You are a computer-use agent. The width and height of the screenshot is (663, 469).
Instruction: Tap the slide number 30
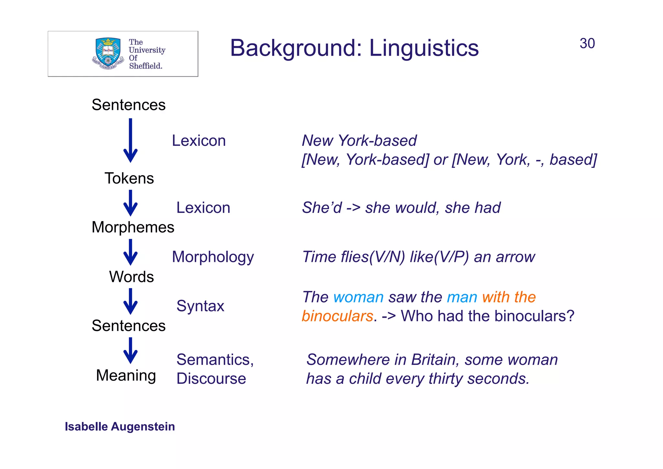click(587, 44)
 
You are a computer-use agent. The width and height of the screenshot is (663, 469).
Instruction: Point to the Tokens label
click(129, 178)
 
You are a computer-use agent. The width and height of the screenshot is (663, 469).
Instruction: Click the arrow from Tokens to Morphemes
click(130, 203)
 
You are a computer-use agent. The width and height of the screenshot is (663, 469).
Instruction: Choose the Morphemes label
click(133, 227)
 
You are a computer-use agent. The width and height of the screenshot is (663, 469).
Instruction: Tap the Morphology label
click(213, 257)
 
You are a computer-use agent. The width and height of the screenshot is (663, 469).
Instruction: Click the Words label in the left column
click(131, 277)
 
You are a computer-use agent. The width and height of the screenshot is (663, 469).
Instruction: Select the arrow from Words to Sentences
click(130, 301)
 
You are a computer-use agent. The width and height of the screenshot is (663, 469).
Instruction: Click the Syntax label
click(200, 306)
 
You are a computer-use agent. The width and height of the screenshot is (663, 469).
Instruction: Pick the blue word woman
click(358, 297)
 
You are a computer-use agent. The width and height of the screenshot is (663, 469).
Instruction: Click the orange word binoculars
click(337, 316)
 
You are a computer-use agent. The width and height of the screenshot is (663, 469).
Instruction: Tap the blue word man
click(462, 297)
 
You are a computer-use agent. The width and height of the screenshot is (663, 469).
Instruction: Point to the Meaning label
click(126, 375)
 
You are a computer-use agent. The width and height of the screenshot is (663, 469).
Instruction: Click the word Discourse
click(211, 379)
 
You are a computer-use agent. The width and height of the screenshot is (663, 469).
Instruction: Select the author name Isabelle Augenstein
click(120, 427)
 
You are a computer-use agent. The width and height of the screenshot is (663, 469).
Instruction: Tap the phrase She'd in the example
click(322, 208)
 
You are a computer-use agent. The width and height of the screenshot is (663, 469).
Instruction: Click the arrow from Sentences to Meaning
click(130, 351)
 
